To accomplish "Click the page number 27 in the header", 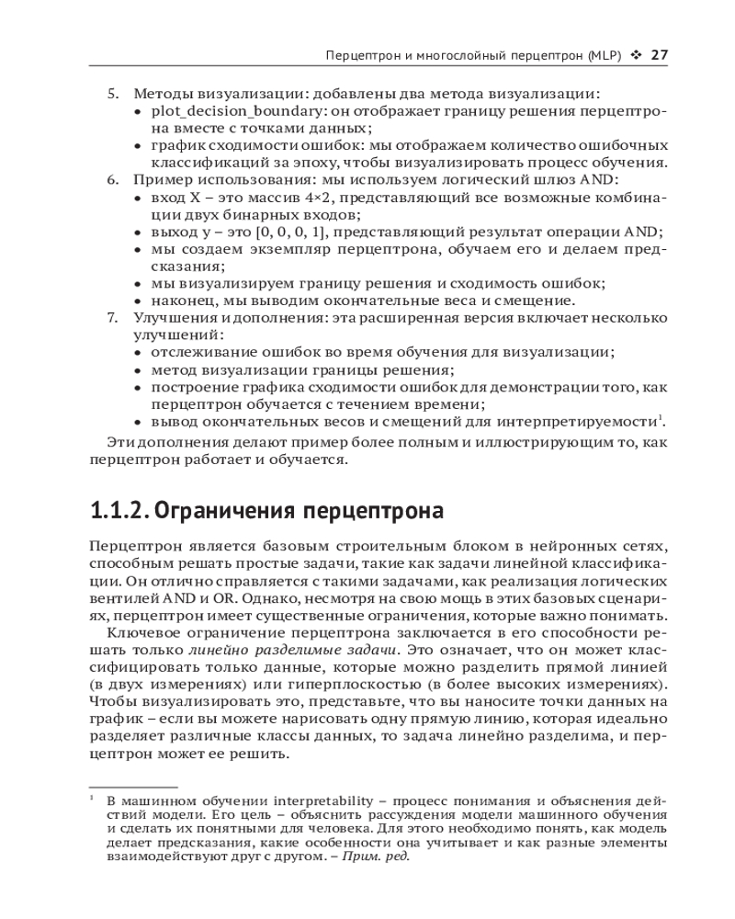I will coord(658,55).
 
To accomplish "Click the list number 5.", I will coord(113,94).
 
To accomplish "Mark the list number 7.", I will coord(113,317).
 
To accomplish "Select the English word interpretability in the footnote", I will coord(293,800).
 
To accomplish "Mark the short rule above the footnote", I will coord(133,788).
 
